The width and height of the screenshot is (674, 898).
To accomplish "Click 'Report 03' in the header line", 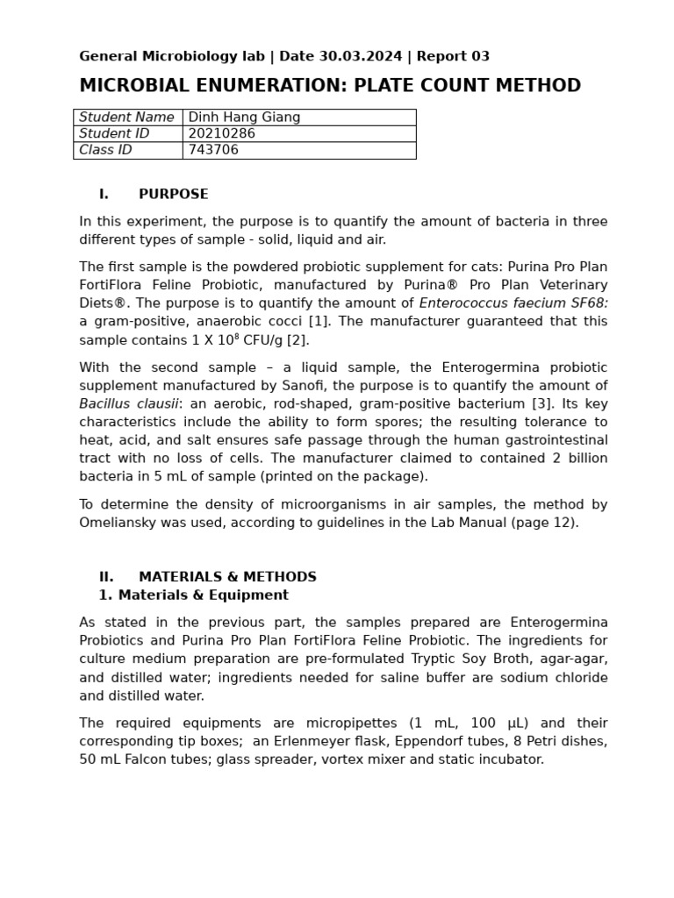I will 453,57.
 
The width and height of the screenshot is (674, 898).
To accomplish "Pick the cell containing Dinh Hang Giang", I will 244,118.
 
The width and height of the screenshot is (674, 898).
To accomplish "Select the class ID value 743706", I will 213,150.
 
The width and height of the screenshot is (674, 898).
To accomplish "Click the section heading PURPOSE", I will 173,195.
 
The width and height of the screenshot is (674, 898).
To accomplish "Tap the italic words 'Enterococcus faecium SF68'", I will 513,303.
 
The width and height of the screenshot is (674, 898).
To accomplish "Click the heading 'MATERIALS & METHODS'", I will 227,577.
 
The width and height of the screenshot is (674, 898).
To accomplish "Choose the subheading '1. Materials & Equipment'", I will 193,595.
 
